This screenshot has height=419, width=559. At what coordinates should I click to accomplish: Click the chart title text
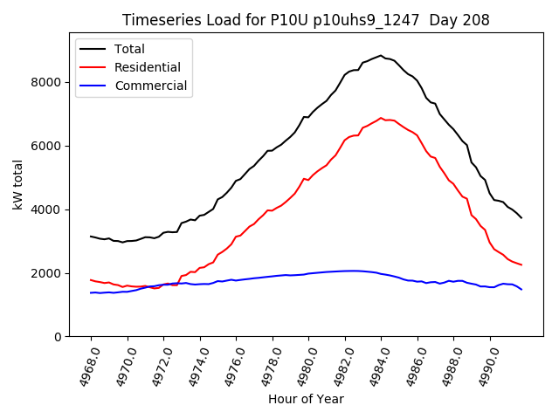[x=306, y=20]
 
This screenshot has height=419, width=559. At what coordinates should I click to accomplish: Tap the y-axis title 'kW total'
[x=18, y=185]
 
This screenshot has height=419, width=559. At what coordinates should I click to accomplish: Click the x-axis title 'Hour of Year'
[x=306, y=399]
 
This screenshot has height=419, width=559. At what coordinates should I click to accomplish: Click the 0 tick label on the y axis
[x=58, y=337]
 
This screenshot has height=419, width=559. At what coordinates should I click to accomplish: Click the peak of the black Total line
[x=381, y=55]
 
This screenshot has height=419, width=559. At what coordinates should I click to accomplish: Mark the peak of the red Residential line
[x=381, y=118]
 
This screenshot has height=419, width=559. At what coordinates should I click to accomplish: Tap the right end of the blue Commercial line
[x=521, y=289]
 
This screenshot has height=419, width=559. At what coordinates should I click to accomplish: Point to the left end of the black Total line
[x=91, y=236]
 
